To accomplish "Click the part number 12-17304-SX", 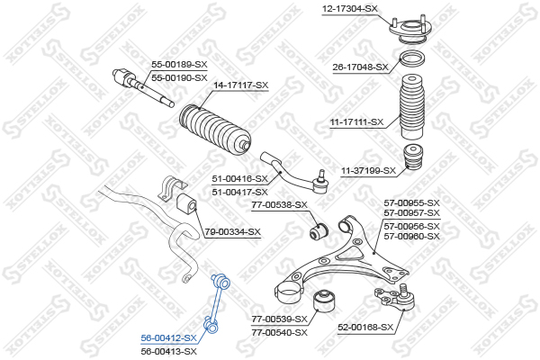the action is click(x=349, y=9).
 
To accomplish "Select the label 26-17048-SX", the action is click(x=360, y=67).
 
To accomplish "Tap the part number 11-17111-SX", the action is click(x=356, y=122).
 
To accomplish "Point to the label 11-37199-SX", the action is click(x=368, y=170).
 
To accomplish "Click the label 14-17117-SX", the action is click(x=240, y=85).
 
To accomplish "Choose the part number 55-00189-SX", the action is click(x=179, y=64).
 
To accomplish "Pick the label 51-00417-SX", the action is click(x=239, y=192).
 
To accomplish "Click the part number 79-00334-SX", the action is click(x=233, y=232).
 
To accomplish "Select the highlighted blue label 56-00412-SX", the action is click(x=169, y=338).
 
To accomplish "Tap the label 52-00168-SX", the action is click(x=365, y=327).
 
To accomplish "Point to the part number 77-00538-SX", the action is click(x=279, y=205).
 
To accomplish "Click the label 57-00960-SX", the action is click(x=412, y=237).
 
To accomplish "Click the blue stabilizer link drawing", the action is click(x=216, y=303).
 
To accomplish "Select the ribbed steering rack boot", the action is click(x=215, y=130).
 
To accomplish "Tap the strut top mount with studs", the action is click(x=410, y=30).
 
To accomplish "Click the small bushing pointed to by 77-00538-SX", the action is click(x=319, y=230).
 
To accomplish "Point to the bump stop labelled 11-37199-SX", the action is click(x=414, y=157).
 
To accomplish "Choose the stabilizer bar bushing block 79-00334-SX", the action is click(x=186, y=203).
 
